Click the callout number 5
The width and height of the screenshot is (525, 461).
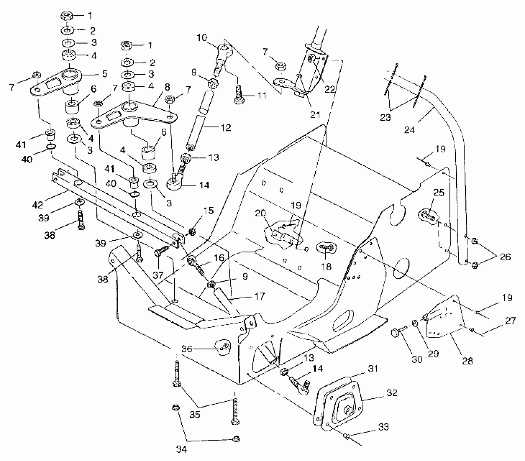point(104,73)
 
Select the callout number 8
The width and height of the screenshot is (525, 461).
point(167,87)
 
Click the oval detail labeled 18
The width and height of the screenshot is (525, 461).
point(326,247)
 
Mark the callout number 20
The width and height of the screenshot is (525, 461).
point(261,214)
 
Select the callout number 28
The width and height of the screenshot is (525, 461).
point(468,361)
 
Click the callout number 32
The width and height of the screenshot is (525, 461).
point(392,393)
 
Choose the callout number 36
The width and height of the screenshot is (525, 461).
point(187,349)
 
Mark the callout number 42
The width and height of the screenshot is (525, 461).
point(37,205)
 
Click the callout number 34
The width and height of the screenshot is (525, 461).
point(181,449)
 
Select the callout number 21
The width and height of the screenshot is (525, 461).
point(315,115)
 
